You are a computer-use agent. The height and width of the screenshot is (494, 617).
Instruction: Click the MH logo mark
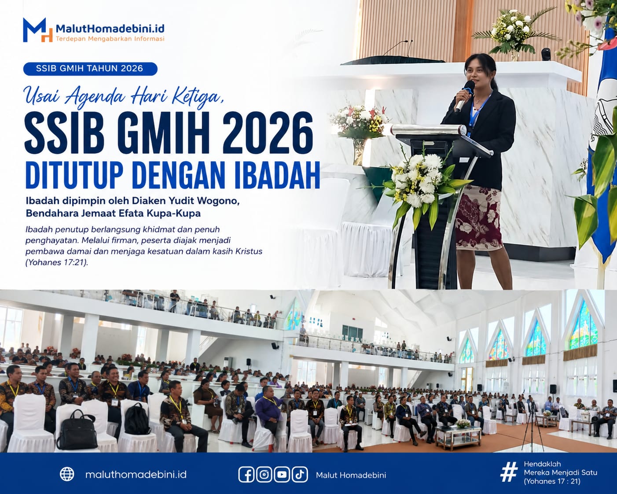[37, 30]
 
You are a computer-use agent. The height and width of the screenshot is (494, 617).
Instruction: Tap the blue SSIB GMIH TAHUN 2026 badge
[90, 69]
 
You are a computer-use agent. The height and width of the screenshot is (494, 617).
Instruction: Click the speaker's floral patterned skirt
[478, 218]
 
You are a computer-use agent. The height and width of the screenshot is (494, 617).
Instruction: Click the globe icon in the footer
[67, 474]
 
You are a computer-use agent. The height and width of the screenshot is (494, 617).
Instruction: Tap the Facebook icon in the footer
[246, 475]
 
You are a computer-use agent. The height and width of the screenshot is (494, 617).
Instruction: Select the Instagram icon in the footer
[264, 475]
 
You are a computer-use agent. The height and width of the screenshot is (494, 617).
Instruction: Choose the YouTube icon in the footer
[282, 475]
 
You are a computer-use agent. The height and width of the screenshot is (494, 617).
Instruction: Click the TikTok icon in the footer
[300, 475]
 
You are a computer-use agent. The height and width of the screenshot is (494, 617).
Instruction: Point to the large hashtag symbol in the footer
[509, 472]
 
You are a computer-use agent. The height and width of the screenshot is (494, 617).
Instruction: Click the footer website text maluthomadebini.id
[136, 475]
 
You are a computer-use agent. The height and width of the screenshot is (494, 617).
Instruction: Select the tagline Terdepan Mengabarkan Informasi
[110, 39]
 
